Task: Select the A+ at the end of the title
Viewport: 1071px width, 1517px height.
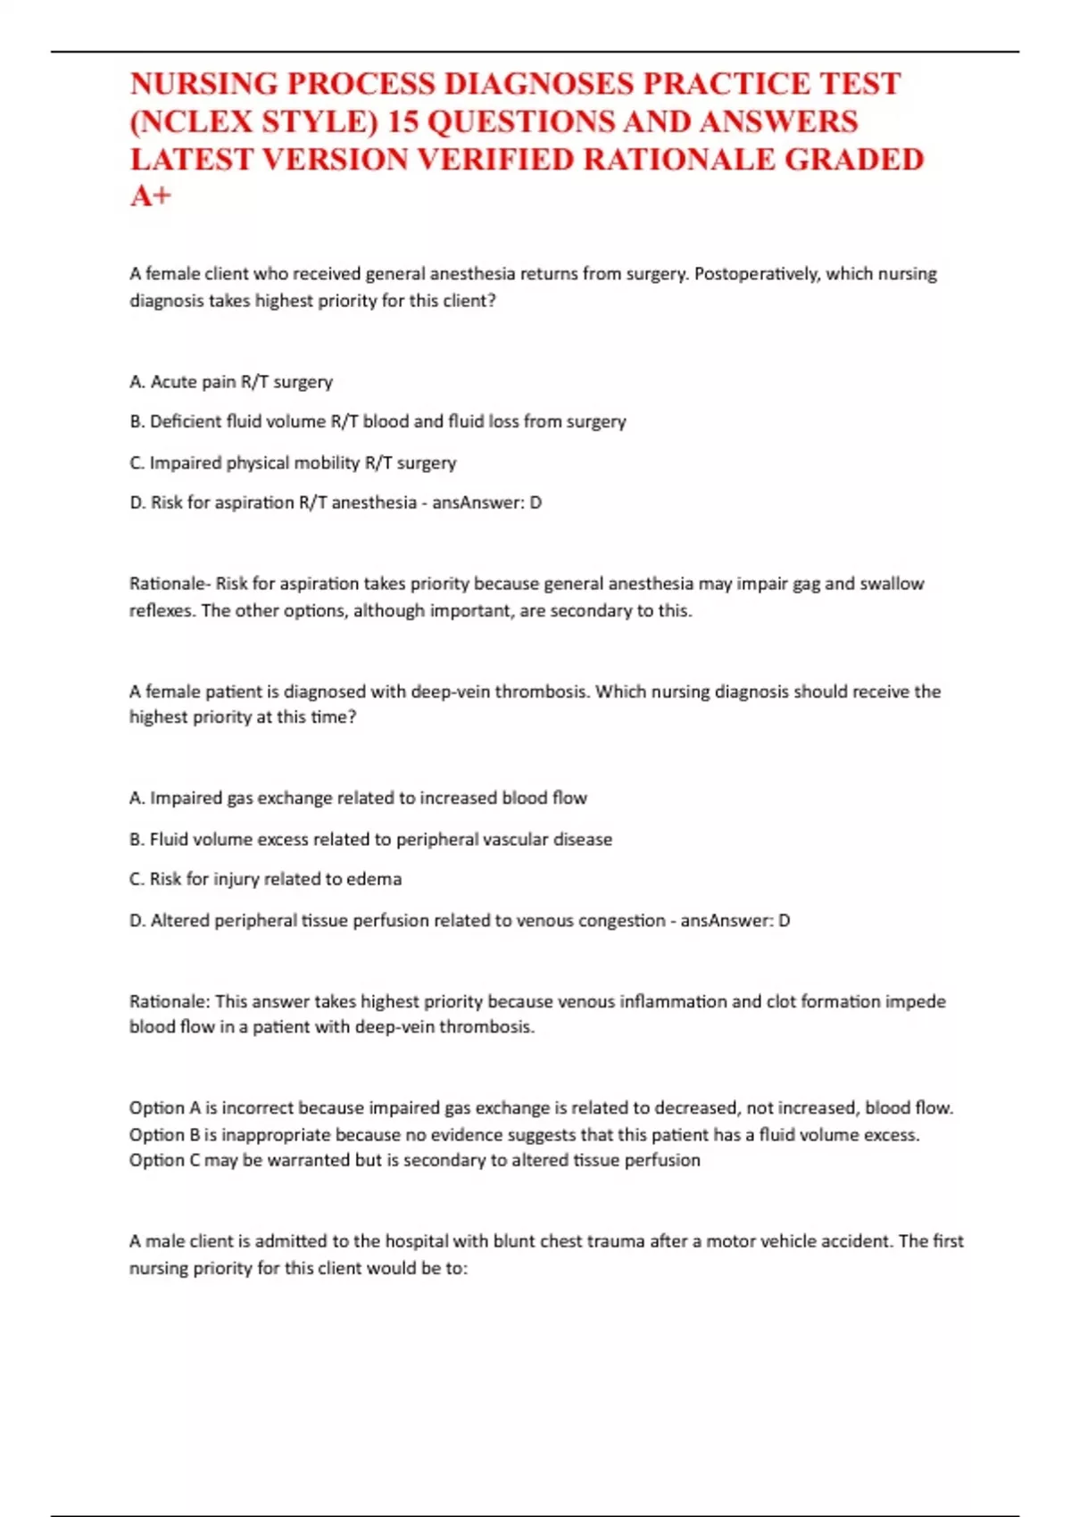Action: [x=150, y=196]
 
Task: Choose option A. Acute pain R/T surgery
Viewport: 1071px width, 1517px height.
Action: [x=231, y=382]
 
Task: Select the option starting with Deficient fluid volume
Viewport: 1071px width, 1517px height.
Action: [x=378, y=421]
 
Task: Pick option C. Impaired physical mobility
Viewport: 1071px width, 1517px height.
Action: [x=293, y=463]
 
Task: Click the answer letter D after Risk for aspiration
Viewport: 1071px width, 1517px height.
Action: [x=535, y=502]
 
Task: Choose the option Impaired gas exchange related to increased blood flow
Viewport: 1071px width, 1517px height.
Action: [x=358, y=798]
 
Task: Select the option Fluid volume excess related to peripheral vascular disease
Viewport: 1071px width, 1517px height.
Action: [x=371, y=839]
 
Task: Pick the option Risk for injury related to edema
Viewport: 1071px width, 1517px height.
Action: [x=266, y=879]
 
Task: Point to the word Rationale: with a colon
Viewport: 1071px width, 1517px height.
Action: [x=170, y=1001]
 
